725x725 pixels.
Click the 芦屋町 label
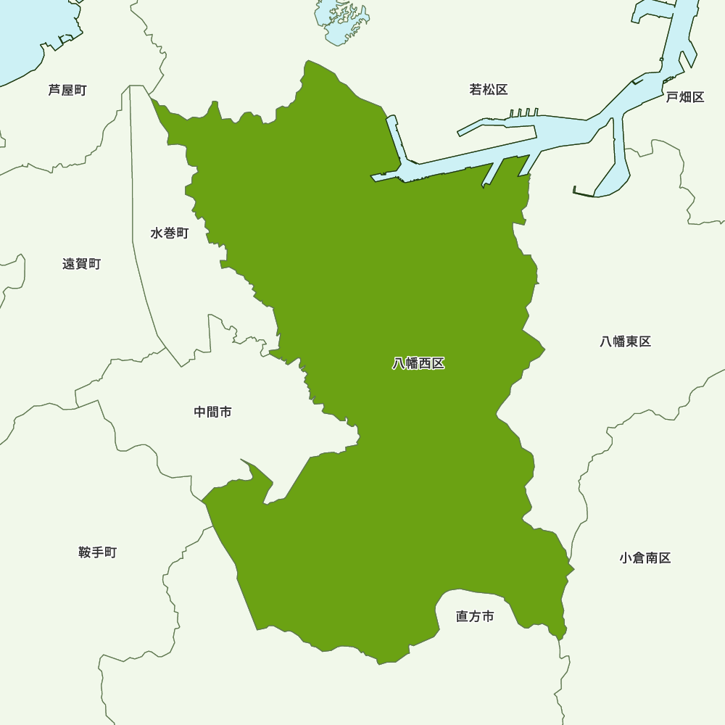(x=67, y=91)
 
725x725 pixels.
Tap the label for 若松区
(x=488, y=90)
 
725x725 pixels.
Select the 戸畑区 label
(x=685, y=97)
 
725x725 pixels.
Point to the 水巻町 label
(x=170, y=233)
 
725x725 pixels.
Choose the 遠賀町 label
(x=81, y=264)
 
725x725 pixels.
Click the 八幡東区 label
(x=626, y=341)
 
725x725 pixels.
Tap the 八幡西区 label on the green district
(x=418, y=364)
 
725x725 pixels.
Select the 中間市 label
(x=213, y=412)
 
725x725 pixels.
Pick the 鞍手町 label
(x=97, y=552)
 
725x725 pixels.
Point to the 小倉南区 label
(x=645, y=558)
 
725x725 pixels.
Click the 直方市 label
(x=475, y=617)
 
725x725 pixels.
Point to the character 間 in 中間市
(x=213, y=412)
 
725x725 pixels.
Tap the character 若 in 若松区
(x=476, y=90)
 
